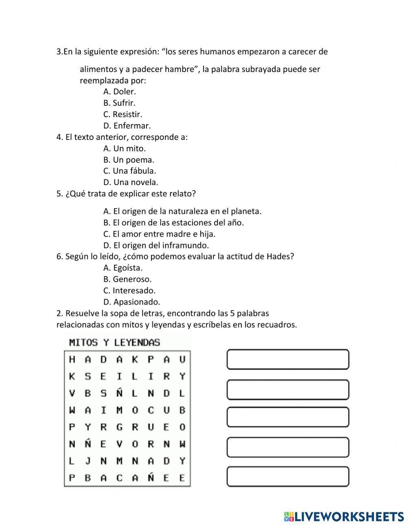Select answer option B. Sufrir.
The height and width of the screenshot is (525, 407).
coord(119,103)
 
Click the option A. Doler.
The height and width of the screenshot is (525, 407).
coord(119,91)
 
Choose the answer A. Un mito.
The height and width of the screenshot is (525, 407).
coord(124,148)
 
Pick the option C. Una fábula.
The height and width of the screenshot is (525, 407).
coord(129,171)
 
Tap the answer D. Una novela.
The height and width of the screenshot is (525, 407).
coord(131,182)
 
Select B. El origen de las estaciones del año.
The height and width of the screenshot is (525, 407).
coord(173,222)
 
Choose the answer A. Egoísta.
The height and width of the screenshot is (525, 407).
coord(123,268)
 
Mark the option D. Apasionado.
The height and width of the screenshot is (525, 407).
coord(131,302)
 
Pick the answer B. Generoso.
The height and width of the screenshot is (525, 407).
coord(127,279)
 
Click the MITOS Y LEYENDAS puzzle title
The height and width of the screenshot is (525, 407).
coord(114,342)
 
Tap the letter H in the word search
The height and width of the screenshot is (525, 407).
coord(72,359)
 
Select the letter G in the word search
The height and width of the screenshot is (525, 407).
coord(119,427)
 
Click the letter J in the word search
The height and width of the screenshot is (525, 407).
coord(88,461)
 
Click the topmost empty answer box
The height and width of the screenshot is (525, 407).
coord(288,359)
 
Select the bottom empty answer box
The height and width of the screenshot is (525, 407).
coord(288,477)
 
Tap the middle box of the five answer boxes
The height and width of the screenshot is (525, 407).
coord(288,417)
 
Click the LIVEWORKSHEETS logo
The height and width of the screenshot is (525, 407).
coord(344,516)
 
